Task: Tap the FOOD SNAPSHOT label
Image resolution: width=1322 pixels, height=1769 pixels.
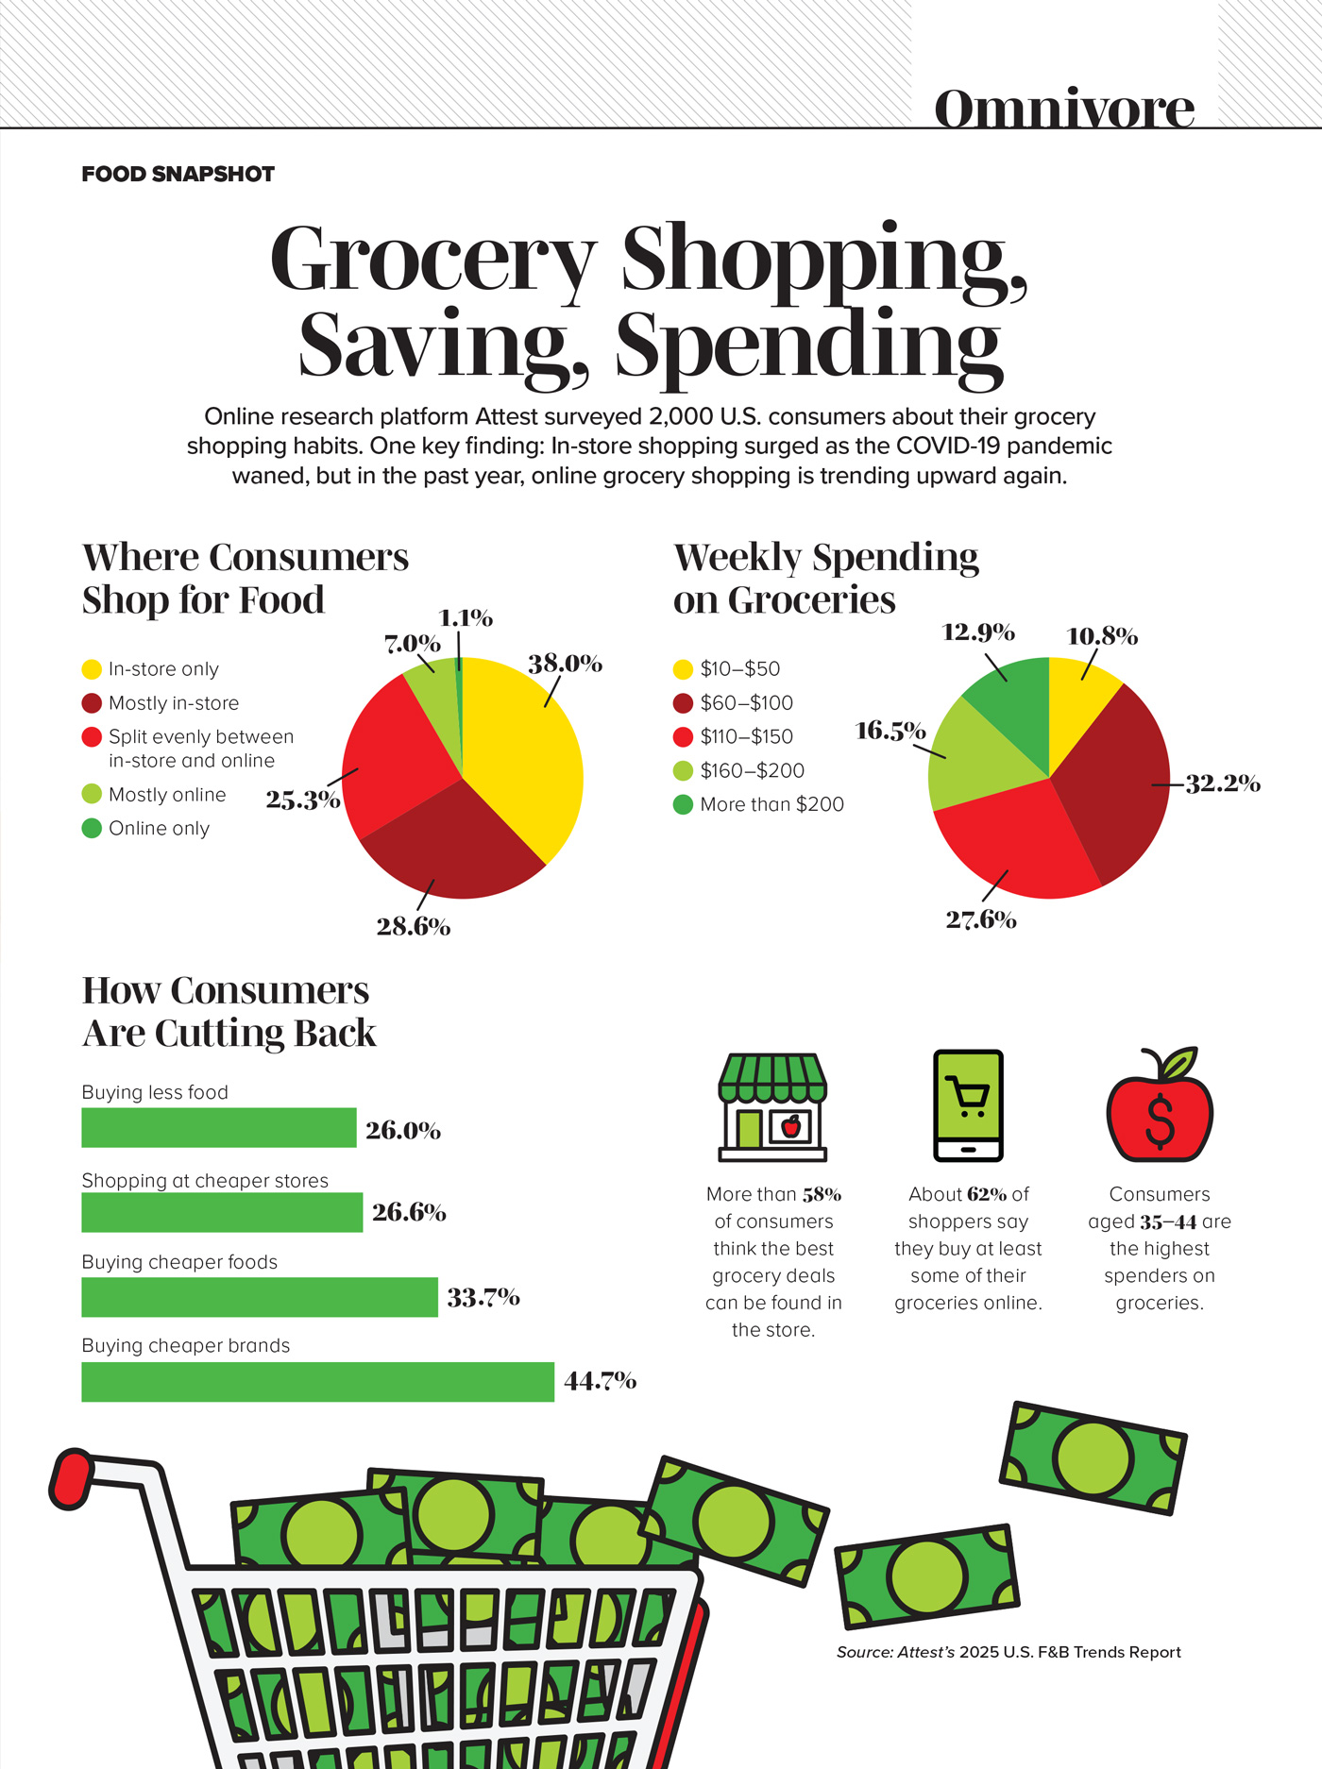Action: pos(178,174)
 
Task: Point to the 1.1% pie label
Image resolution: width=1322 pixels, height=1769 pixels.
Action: pos(466,618)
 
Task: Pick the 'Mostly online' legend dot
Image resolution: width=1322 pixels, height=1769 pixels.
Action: pos(92,794)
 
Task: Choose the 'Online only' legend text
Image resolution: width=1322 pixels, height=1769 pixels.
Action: pos(159,828)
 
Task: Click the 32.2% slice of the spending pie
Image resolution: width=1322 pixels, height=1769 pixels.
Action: pos(1114,783)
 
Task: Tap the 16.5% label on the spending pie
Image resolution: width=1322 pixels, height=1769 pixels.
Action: pos(890,731)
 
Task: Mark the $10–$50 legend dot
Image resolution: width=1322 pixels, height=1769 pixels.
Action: pos(683,669)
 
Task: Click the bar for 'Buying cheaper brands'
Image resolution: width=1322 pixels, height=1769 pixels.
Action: pos(317,1381)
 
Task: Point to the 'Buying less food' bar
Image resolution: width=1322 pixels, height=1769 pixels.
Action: pos(218,1127)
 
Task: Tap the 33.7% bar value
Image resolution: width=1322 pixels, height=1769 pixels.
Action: pos(483,1298)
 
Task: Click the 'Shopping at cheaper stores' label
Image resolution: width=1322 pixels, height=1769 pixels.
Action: pos(205,1180)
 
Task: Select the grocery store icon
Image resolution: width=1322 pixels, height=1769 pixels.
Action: pos(772,1106)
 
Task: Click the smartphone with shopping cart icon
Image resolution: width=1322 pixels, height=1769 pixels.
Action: pos(968,1104)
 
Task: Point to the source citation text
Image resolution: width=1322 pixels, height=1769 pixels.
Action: pos(1008,1652)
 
